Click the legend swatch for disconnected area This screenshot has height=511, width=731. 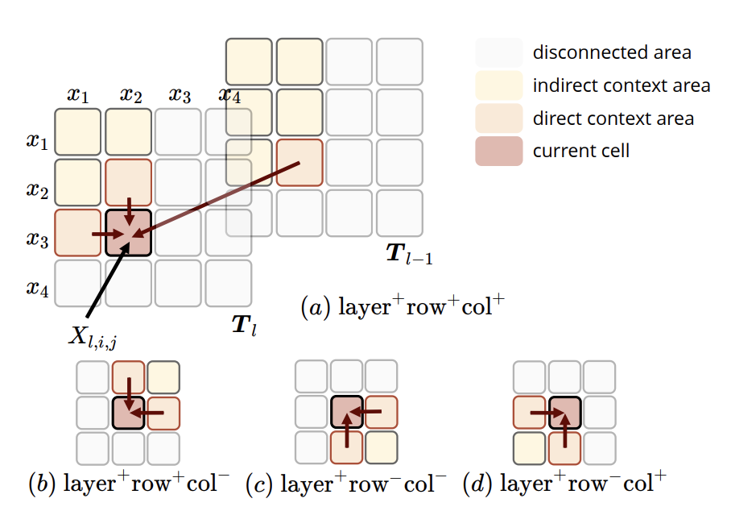499,53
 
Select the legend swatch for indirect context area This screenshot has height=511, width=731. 499,85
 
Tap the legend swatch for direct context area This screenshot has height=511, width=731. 499,118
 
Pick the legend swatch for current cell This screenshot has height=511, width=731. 499,151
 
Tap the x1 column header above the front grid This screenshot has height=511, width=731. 78,96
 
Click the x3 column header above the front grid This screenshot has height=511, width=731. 180,96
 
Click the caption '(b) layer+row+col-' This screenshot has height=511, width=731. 129,484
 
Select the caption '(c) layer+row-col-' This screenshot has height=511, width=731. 346,484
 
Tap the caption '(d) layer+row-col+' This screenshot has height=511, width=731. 564,484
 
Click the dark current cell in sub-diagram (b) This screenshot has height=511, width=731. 128,413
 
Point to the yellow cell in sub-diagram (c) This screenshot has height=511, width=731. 381,447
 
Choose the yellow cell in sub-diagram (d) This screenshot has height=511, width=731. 530,447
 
